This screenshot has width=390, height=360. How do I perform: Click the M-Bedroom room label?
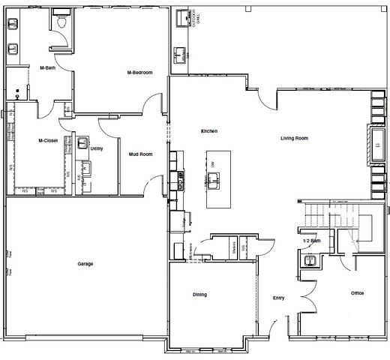coord(140,73)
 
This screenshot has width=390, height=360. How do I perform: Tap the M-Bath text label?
coord(49,69)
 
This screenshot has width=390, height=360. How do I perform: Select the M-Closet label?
coord(49,140)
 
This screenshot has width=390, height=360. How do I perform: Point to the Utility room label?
coord(97,148)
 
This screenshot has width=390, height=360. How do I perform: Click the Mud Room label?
coord(141,154)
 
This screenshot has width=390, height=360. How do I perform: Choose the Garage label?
coord(85,264)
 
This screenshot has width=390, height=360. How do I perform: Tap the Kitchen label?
coord(208,131)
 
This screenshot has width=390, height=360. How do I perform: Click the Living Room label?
coord(295,139)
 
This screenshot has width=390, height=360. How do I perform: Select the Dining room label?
coord(199,295)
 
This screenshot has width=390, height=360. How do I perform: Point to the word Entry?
coord(278,298)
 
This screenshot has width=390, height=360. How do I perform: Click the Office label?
coord(357,293)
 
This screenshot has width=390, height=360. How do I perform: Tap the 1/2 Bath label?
coord(311,240)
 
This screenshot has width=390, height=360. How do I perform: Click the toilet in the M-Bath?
coord(64,24)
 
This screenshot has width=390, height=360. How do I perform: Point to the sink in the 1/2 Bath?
coord(310,260)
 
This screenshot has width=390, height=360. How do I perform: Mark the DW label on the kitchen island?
coord(213,163)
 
